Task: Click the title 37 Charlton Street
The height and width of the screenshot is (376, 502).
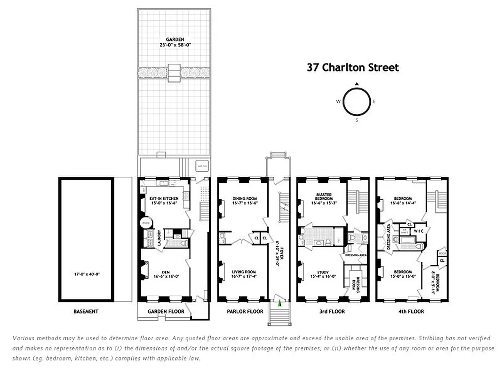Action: [x=352, y=68]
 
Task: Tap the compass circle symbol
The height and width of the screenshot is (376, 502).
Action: [x=357, y=102]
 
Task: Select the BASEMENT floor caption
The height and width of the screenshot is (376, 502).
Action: [x=86, y=312]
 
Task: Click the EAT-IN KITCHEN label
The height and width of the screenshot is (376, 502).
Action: [x=164, y=198]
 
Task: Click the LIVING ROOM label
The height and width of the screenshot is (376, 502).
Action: [x=244, y=272]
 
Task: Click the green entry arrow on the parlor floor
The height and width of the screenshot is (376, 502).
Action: [x=279, y=304]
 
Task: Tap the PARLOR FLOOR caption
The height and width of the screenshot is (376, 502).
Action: [x=245, y=312]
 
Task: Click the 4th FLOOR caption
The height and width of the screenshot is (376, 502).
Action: [x=411, y=312]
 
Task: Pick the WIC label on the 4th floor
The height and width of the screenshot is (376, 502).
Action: [x=419, y=231]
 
